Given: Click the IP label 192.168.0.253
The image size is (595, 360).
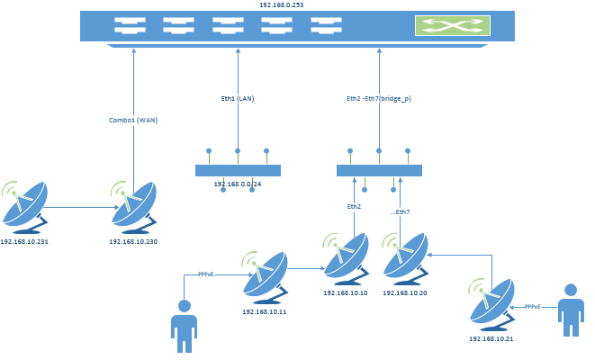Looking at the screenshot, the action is (x=281, y=4).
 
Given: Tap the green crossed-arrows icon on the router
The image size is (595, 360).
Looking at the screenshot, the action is (x=452, y=26).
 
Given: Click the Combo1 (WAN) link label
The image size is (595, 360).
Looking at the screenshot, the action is (x=133, y=121).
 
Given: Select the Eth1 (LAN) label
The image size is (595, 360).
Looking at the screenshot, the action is (x=238, y=99).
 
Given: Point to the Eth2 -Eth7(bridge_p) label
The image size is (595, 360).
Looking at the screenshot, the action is (x=379, y=99).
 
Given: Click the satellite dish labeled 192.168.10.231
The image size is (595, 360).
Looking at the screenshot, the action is (x=24, y=207).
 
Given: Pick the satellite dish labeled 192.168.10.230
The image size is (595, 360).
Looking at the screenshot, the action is (x=133, y=207).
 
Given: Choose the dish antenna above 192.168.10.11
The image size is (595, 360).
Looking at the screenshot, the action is (x=265, y=277).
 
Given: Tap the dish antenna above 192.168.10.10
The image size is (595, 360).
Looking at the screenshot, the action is (x=346, y=258).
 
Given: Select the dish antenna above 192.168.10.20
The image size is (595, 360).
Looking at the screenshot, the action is (x=405, y=258).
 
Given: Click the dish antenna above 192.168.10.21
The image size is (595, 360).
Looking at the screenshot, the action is (x=491, y=304).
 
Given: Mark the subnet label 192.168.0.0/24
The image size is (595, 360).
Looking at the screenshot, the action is (x=238, y=184).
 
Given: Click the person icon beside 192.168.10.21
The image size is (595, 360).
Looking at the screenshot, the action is (x=571, y=310).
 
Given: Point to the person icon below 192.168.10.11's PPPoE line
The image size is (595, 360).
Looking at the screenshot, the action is (x=184, y=326).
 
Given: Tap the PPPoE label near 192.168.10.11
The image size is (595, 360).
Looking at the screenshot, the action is (x=206, y=274).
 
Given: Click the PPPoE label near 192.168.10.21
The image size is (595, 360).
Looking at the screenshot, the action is (x=533, y=307).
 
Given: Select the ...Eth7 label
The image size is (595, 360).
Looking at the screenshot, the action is (x=400, y=212).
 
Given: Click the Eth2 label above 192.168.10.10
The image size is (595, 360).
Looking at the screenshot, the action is (x=354, y=207).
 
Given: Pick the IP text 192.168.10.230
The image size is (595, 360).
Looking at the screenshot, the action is (x=133, y=241).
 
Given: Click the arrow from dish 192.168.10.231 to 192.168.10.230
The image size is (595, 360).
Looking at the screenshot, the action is (x=82, y=208).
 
